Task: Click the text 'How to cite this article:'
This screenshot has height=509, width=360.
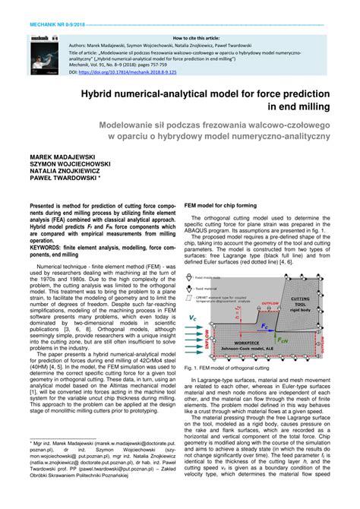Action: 195,37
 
